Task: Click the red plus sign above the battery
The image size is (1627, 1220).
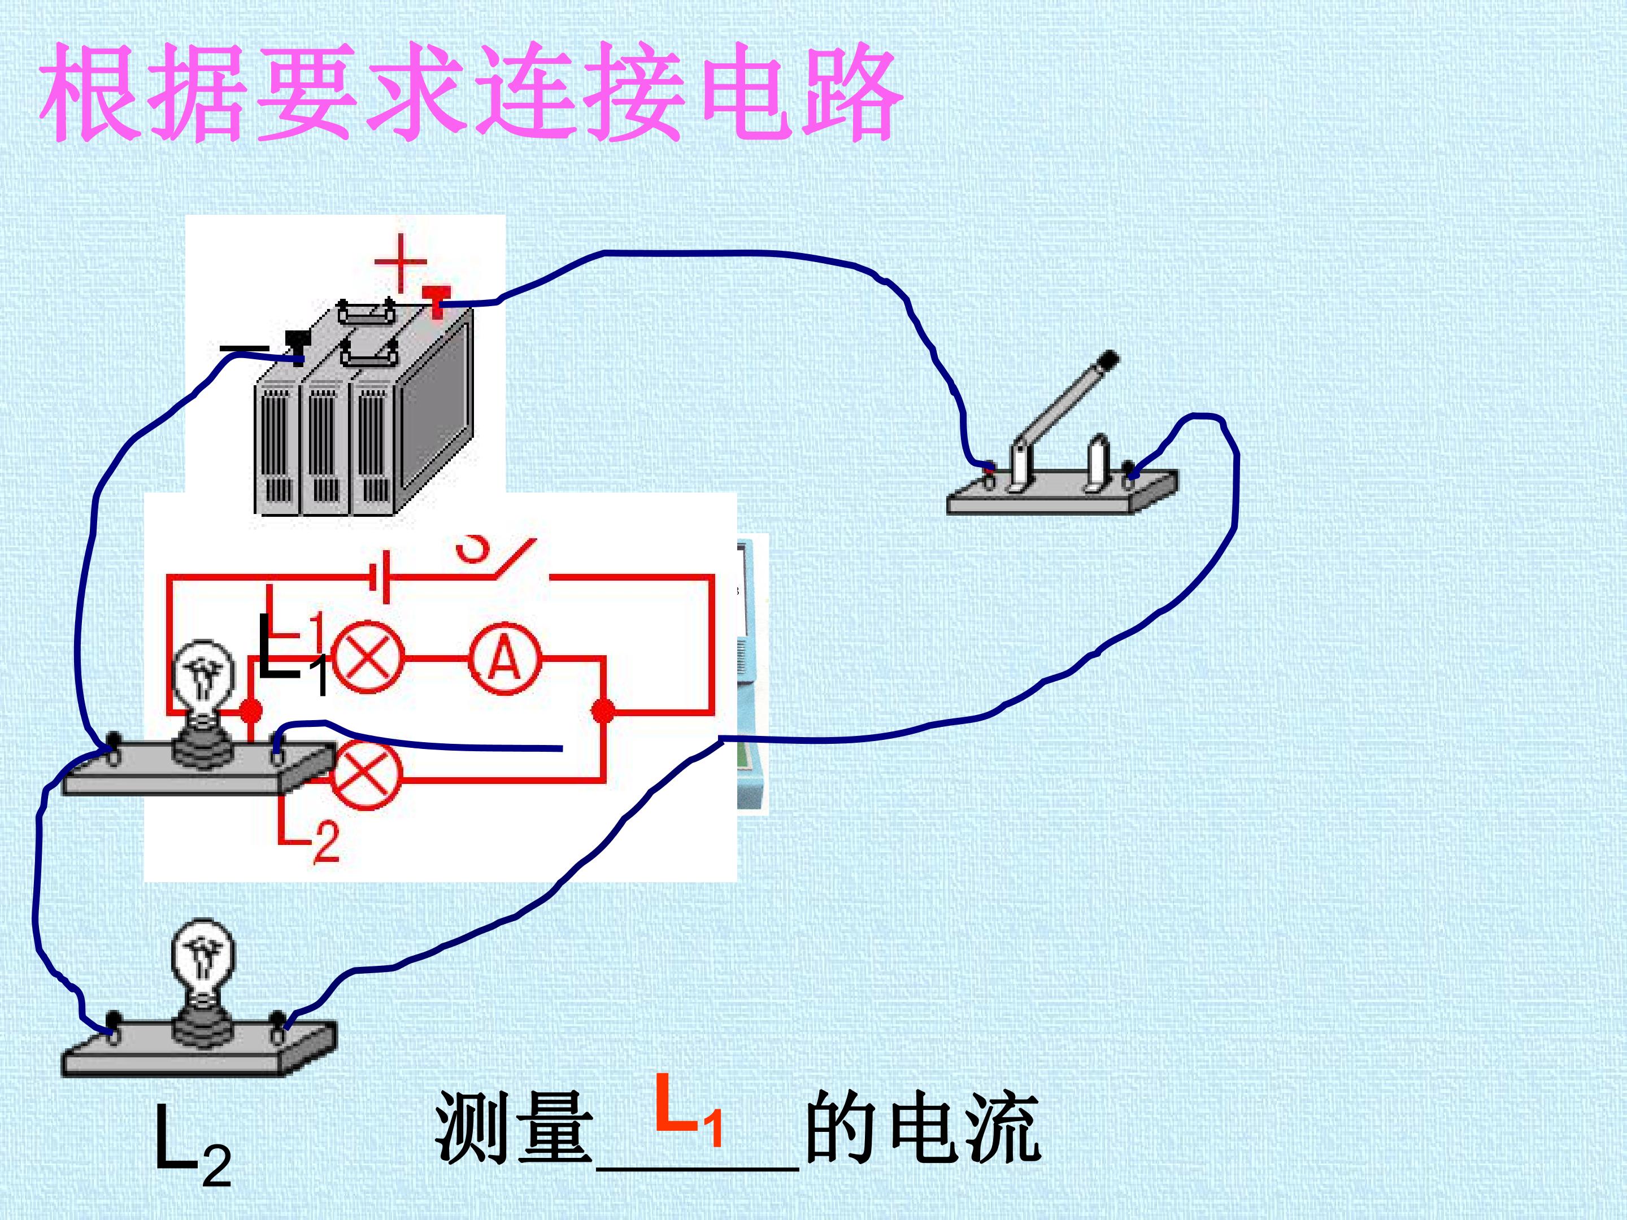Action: click(401, 263)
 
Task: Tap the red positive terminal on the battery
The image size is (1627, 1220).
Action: click(436, 302)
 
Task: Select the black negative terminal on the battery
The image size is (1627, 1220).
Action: click(297, 346)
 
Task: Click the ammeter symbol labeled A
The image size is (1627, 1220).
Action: click(504, 658)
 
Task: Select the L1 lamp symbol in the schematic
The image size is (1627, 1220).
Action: click(368, 657)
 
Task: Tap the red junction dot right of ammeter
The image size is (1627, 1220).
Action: click(603, 711)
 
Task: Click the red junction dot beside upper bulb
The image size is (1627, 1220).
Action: click(251, 711)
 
